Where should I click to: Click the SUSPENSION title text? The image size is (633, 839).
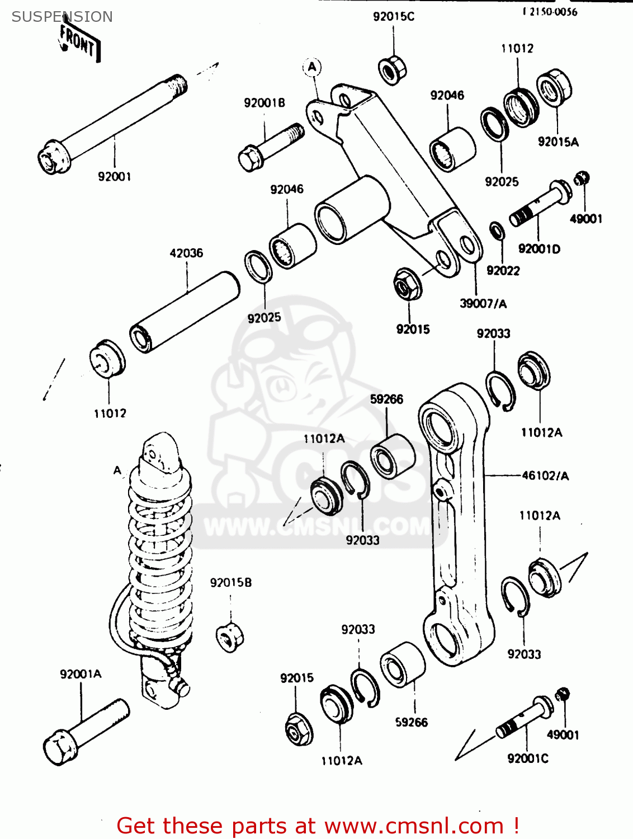[x=62, y=17]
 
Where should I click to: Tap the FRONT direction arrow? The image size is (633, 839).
[x=79, y=43]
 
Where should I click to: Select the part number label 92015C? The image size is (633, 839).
[x=394, y=17]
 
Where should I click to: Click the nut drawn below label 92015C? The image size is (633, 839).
[x=392, y=70]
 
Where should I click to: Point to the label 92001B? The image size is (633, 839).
[x=264, y=103]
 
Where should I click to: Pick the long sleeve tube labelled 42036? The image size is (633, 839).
[x=185, y=312]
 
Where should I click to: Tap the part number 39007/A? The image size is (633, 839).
[x=483, y=304]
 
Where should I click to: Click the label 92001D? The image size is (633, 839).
[x=539, y=249]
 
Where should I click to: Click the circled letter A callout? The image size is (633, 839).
[x=312, y=68]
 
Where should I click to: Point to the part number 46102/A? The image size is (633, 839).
[x=545, y=476]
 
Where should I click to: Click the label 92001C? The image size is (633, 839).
[x=527, y=758]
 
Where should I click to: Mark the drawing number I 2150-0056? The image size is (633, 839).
[x=550, y=12]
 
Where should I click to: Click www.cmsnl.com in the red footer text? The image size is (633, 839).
[x=414, y=826]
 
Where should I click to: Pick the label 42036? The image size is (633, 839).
[x=186, y=253]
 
